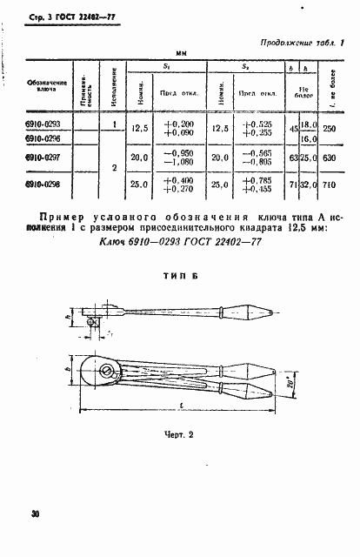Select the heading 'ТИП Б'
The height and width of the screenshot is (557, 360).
(x=181, y=274)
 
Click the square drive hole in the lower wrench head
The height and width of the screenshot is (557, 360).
(x=106, y=376)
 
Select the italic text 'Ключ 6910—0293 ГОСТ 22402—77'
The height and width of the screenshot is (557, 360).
(x=180, y=243)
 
